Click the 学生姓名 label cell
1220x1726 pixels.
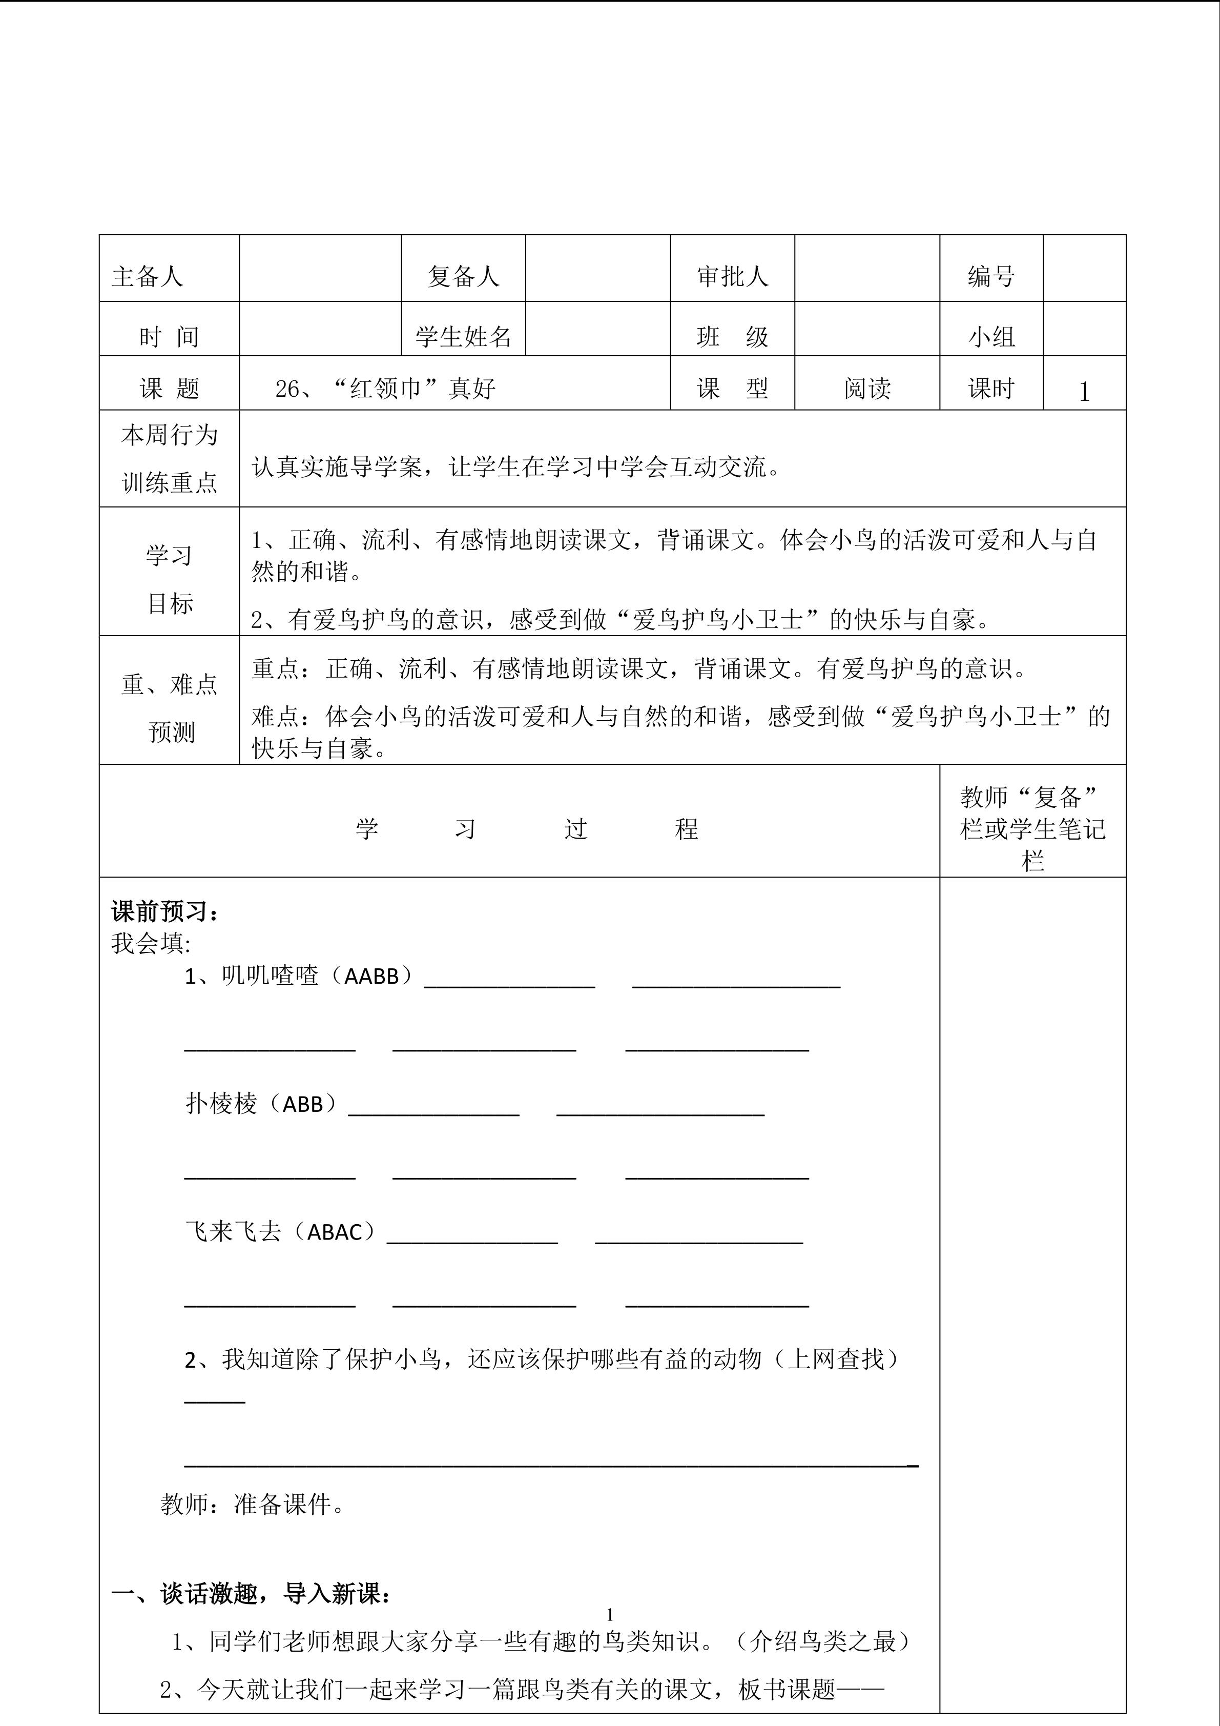point(463,336)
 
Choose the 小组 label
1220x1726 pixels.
point(991,336)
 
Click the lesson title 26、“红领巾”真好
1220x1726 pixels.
point(385,389)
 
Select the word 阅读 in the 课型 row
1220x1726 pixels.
point(867,389)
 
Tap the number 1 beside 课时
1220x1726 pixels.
point(1083,392)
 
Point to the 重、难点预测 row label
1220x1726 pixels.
point(169,707)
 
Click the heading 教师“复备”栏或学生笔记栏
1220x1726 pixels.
point(1032,828)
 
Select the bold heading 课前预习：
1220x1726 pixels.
point(166,912)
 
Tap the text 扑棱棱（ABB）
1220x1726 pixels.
point(261,1104)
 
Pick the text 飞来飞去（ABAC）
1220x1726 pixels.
point(280,1231)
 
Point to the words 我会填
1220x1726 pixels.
point(150,943)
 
